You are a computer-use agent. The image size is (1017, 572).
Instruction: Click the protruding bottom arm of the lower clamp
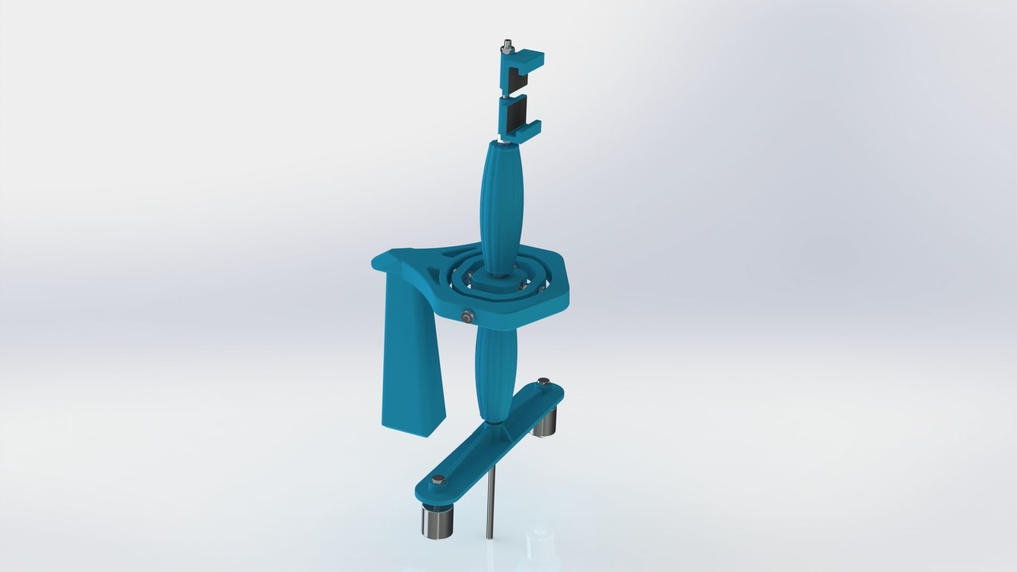(x=530, y=128)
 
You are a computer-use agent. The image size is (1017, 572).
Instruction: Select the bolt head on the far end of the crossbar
(x=542, y=381)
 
